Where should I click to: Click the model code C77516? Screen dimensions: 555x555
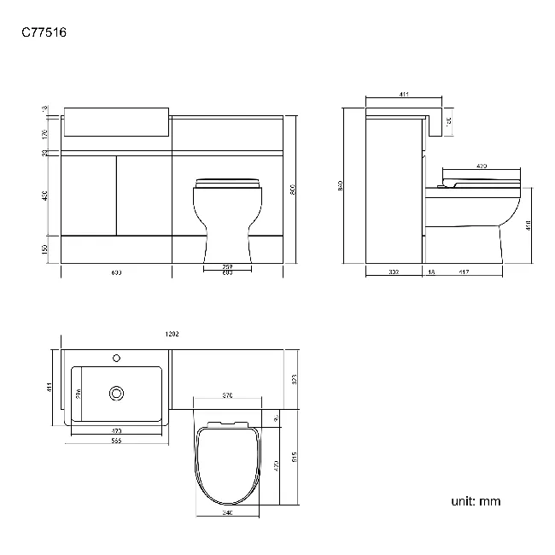tap(44, 33)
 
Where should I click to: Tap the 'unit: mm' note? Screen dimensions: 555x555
tap(476, 501)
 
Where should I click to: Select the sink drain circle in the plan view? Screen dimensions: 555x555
tap(116, 393)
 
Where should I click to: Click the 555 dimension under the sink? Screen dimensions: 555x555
tap(116, 440)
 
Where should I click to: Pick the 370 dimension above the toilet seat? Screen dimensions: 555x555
tap(229, 396)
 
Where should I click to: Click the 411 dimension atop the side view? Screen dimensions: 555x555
tap(402, 95)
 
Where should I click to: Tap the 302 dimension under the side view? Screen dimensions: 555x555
tap(394, 272)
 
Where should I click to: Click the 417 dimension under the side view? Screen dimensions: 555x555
tap(463, 272)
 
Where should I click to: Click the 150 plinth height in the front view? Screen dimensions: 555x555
tap(45, 248)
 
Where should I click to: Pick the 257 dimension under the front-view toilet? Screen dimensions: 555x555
tap(228, 266)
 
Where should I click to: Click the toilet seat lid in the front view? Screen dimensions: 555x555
tap(227, 182)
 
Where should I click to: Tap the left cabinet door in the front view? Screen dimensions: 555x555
tap(90, 194)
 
